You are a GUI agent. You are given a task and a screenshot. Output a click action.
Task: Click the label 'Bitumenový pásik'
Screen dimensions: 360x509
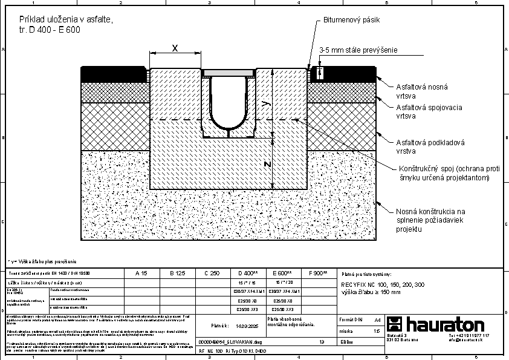351,20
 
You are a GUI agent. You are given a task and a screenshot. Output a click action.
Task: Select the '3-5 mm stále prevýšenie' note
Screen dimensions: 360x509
358,50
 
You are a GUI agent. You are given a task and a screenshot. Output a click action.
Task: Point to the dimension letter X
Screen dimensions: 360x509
175,48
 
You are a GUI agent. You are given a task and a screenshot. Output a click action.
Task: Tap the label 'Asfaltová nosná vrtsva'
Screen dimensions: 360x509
421,91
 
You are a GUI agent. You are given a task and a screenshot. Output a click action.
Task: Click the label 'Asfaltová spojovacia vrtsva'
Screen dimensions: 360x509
429,112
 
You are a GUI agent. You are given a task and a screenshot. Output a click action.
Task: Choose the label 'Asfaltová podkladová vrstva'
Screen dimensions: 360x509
430,147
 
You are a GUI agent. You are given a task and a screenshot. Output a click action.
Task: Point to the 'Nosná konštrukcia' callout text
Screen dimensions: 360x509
430,211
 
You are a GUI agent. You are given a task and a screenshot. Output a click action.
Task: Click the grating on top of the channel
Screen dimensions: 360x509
229,73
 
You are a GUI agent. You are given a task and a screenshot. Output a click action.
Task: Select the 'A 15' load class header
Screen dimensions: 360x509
141,273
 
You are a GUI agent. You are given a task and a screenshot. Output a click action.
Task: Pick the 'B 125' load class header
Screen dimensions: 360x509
177,273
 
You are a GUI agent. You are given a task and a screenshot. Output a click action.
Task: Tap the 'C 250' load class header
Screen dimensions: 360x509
212,273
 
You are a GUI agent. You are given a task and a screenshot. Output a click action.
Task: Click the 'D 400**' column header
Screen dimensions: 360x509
248,273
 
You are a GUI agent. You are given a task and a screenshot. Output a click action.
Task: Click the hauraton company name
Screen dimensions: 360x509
444,324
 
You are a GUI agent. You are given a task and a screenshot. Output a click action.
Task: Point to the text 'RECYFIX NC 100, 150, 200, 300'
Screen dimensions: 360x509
383,284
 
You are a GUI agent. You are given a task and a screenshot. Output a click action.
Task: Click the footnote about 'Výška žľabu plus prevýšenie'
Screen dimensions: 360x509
42,261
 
